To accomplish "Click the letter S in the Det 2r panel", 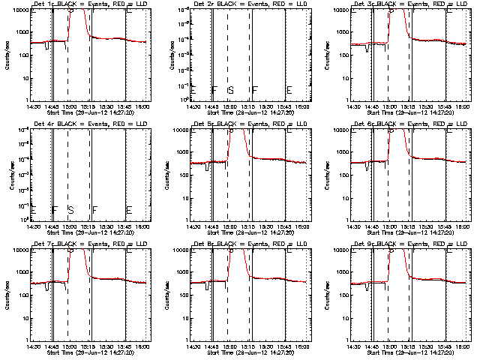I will pyautogui.click(x=231, y=90).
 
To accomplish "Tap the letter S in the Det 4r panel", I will pyautogui.click(x=70, y=209).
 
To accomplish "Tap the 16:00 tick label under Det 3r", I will pyautogui.click(x=463, y=106).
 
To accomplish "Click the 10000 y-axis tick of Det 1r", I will pyautogui.click(x=19, y=10).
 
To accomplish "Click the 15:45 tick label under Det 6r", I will pyautogui.click(x=445, y=226).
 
